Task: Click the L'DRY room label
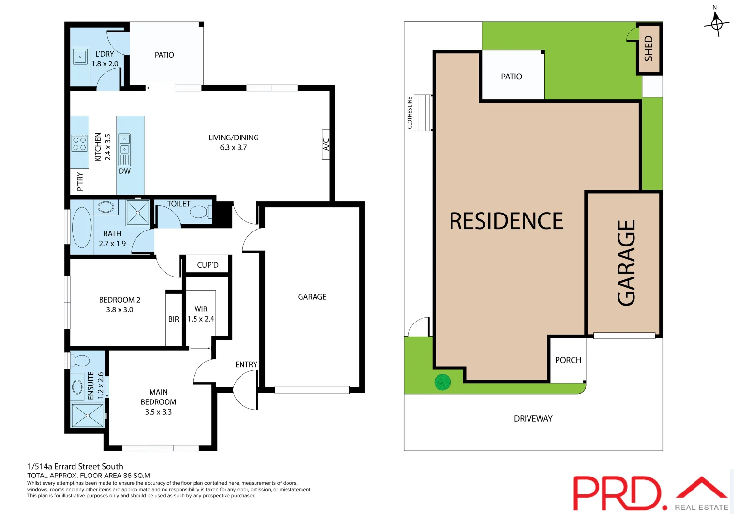pyautogui.click(x=105, y=54)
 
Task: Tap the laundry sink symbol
pyautogui.click(x=80, y=57)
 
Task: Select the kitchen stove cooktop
pyautogui.click(x=79, y=143)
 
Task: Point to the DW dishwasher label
pyautogui.click(x=125, y=171)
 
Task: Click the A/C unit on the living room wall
pyautogui.click(x=326, y=144)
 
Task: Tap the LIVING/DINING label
pyautogui.click(x=233, y=138)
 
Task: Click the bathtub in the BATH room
pyautogui.click(x=82, y=228)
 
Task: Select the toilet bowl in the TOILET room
pyautogui.click(x=199, y=212)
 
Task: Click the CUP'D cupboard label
pyautogui.click(x=208, y=265)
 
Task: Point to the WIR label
pyautogui.click(x=201, y=309)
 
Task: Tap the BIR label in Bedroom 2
pyautogui.click(x=174, y=319)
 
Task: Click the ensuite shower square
pyautogui.click(x=88, y=415)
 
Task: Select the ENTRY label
pyautogui.click(x=246, y=364)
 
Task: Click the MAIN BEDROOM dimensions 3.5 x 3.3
pyautogui.click(x=158, y=412)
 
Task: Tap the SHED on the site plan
pyautogui.click(x=649, y=48)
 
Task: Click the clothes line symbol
pyautogui.click(x=422, y=112)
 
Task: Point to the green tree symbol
pyautogui.click(x=442, y=382)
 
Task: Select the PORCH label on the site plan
pyautogui.click(x=568, y=360)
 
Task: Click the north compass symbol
pyautogui.click(x=717, y=22)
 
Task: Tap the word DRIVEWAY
pyautogui.click(x=533, y=419)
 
